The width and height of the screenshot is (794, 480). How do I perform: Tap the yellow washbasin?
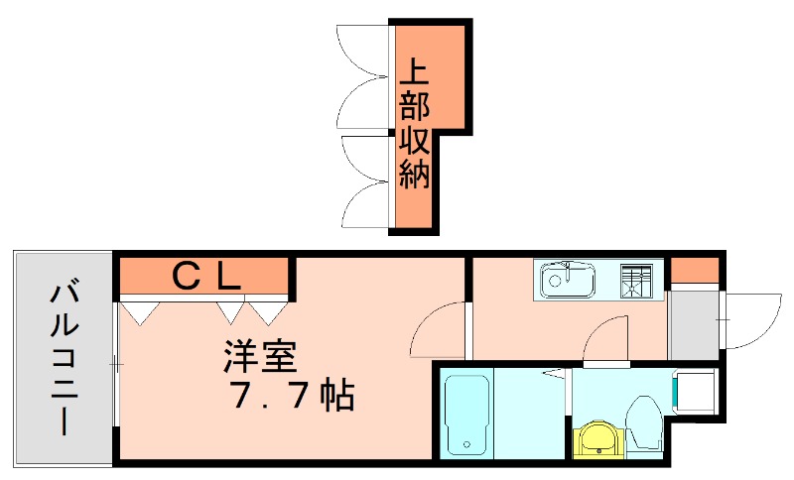tap(597, 436)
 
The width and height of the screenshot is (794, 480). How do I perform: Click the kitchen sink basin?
tap(567, 281)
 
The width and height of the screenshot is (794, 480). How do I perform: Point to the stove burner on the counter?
tap(641, 281)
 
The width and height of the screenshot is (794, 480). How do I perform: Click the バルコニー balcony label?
tap(65, 359)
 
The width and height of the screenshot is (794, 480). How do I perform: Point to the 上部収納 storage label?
tap(414, 125)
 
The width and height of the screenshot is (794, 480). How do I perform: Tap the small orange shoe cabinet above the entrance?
tap(693, 269)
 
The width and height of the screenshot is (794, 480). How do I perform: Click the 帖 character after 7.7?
tap(337, 397)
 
